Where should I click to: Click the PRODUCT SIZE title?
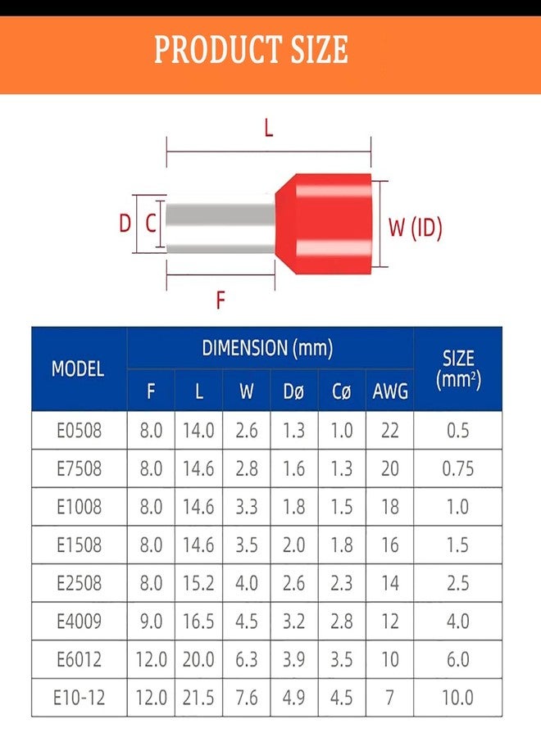(x=251, y=49)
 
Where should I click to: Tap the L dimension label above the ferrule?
(x=269, y=128)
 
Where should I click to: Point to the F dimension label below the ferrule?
(x=220, y=300)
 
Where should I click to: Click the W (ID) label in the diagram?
(x=416, y=228)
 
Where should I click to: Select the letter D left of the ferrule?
(x=125, y=223)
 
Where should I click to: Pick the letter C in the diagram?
(x=151, y=223)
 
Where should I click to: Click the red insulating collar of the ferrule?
(x=324, y=224)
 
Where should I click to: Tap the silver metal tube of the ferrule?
(x=220, y=224)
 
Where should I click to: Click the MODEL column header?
(x=78, y=369)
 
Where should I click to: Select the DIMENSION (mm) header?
(x=268, y=348)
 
